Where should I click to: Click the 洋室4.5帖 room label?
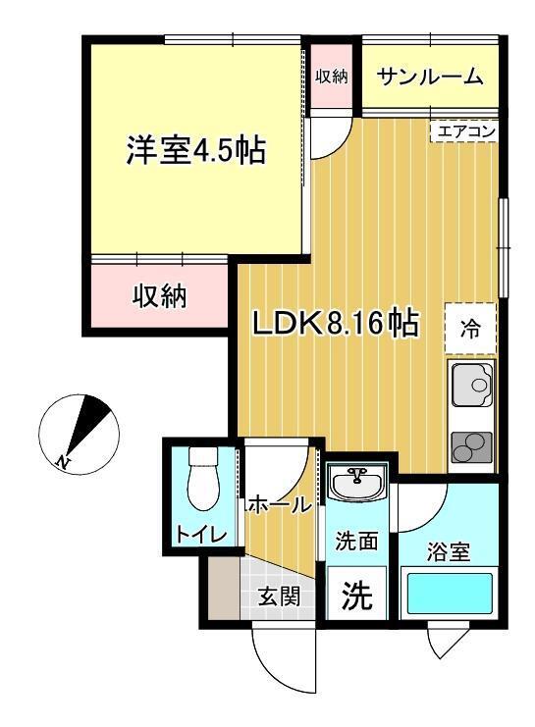(195, 150)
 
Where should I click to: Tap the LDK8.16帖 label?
(335, 323)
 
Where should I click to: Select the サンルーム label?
(431, 77)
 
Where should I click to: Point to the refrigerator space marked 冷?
(470, 329)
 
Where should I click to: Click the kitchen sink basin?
(472, 384)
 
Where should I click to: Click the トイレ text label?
(201, 534)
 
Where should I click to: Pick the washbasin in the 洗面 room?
(356, 483)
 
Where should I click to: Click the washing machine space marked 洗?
(356, 594)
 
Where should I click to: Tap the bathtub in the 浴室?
(450, 594)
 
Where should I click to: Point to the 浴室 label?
(449, 551)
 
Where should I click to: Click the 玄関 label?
(280, 596)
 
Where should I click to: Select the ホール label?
(280, 505)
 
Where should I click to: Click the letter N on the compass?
(62, 461)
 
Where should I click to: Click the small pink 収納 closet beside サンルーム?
(331, 77)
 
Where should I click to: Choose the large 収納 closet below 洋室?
(159, 296)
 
